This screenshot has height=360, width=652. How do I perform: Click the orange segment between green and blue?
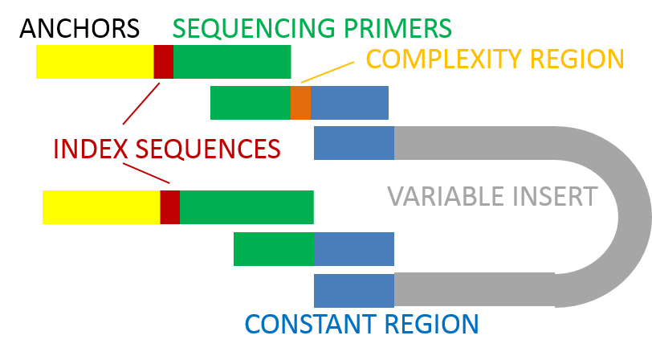[300, 103]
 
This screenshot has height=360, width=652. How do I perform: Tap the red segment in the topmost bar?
[163, 62]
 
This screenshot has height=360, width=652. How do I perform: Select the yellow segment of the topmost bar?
[95, 62]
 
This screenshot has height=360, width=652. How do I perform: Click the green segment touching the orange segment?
[250, 103]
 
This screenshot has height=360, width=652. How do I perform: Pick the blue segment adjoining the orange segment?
[349, 103]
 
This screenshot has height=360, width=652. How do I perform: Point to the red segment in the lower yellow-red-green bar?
[169, 207]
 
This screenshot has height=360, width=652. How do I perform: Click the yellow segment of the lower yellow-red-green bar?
[101, 207]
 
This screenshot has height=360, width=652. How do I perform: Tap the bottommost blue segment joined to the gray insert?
[353, 290]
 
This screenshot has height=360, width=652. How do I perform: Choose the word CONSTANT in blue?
[309, 324]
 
